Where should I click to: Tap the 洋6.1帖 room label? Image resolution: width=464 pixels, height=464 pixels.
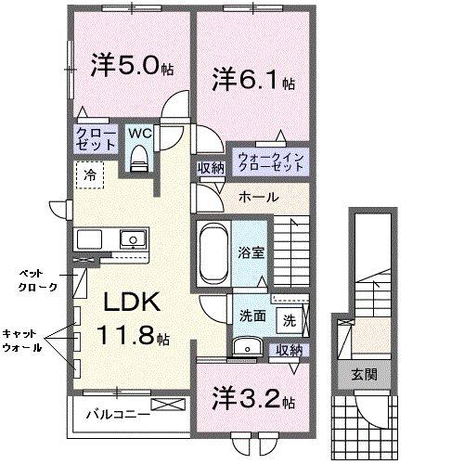pyautogui.click(x=253, y=80)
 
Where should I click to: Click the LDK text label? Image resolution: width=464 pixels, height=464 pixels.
pyautogui.click(x=131, y=303)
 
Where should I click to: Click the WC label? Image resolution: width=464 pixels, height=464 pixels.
pyautogui.click(x=140, y=133)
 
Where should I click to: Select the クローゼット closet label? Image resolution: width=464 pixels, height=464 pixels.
pyautogui.click(x=96, y=140)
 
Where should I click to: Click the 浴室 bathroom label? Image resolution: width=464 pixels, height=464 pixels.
pyautogui.click(x=250, y=250)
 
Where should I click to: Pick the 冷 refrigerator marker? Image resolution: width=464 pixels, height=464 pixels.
pyautogui.click(x=90, y=174)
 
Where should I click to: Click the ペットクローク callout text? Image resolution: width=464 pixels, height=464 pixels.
pyautogui.click(x=37, y=280)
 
